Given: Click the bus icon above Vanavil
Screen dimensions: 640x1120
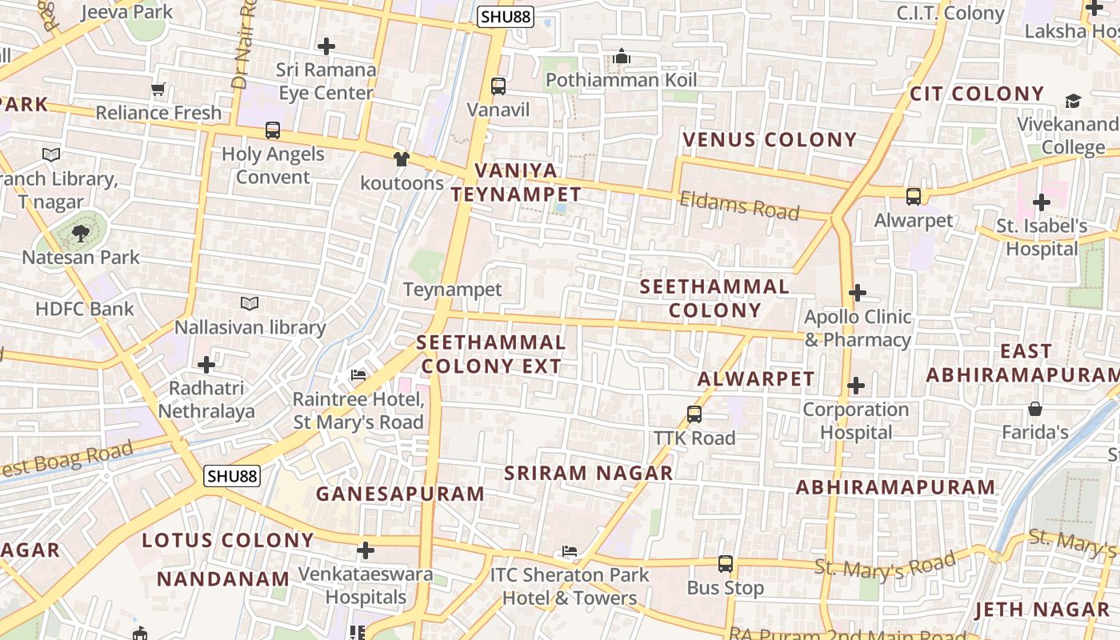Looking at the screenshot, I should point(498,86).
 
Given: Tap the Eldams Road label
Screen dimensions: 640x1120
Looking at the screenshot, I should point(739,206).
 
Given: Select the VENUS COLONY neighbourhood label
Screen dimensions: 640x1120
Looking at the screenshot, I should point(770,140).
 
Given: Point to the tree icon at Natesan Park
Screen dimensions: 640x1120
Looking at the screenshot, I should point(80,234).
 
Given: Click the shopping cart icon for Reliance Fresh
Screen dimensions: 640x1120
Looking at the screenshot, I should point(158,90).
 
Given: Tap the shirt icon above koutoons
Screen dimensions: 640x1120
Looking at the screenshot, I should point(402,159).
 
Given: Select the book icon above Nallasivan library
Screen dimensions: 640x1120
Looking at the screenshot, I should point(250,303).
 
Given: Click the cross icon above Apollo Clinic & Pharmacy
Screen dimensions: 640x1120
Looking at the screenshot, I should point(858,293).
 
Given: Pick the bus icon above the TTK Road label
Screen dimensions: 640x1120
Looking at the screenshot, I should point(694,414).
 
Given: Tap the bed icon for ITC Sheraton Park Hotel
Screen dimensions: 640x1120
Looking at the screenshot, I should point(570,551).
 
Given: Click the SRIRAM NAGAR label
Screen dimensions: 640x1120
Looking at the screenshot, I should point(588,473).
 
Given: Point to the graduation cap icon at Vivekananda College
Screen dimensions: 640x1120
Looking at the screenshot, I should point(1073,101).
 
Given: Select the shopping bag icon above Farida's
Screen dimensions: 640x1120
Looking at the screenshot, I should point(1035,409).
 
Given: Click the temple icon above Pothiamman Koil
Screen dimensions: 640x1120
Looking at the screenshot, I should point(622,56).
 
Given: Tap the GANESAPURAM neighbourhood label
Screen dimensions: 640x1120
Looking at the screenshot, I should point(400,494).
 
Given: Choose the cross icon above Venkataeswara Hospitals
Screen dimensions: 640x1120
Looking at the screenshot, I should point(366,550).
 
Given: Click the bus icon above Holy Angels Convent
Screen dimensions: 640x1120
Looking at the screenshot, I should point(273,130).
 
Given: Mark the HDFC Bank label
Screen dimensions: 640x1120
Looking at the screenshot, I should point(85,309).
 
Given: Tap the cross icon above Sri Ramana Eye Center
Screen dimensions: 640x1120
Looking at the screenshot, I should point(326,46).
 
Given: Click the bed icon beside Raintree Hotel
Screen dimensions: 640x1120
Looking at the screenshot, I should point(358,375).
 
